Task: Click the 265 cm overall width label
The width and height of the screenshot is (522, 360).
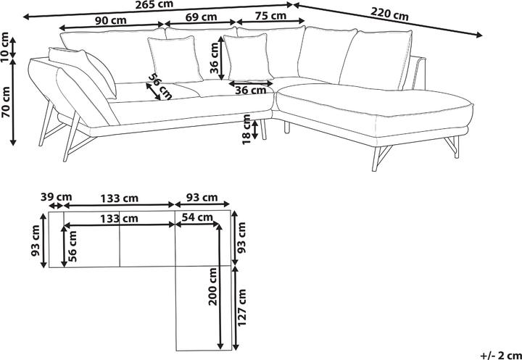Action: coord(154,5)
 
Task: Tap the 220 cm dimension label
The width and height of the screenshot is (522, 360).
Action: coord(389,14)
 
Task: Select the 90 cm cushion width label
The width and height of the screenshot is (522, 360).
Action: coord(111,20)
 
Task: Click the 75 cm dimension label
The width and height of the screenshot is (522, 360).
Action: coord(270,16)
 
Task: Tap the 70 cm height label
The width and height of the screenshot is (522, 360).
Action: coord(5,101)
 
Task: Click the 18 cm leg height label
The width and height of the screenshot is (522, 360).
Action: coord(246,129)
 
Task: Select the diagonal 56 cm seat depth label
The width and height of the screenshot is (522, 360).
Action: coord(159,86)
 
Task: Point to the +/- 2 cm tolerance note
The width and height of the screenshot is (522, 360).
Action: coord(501,355)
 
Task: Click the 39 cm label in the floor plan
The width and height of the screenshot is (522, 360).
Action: coord(56,197)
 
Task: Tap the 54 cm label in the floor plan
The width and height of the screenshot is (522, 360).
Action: coord(197,217)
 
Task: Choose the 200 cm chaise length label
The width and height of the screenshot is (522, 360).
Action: coord(213,286)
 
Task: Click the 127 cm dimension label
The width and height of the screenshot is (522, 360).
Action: coord(242,308)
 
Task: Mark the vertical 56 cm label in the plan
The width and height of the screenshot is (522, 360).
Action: coord(72,246)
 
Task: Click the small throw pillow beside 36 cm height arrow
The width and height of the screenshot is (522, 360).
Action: coord(246,56)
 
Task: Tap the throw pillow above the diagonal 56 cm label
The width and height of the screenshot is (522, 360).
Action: coord(175,59)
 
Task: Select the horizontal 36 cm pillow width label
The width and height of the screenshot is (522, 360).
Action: coord(251,90)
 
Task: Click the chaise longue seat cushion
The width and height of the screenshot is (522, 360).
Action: coord(375,100)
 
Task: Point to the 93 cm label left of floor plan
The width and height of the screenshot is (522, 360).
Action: coord(36,241)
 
